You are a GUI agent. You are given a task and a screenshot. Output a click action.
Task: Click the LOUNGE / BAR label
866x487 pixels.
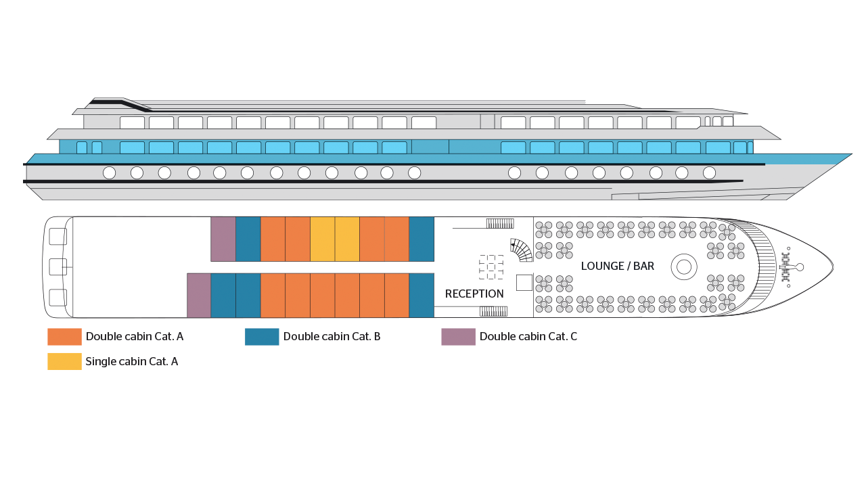pyautogui.click(x=618, y=266)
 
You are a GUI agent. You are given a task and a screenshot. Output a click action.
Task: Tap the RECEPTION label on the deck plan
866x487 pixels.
pyautogui.click(x=474, y=294)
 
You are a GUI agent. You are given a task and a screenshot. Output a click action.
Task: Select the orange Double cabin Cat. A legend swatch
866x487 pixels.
pyautogui.click(x=64, y=337)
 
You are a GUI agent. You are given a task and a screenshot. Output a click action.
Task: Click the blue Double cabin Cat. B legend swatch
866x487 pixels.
pyautogui.click(x=262, y=337)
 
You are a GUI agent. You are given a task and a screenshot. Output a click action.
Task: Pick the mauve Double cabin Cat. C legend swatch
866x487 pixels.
pyautogui.click(x=458, y=337)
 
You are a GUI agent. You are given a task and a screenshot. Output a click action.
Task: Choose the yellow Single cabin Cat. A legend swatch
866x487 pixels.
pyautogui.click(x=64, y=361)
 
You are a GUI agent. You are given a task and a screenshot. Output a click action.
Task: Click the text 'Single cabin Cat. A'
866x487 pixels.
pyautogui.click(x=131, y=361)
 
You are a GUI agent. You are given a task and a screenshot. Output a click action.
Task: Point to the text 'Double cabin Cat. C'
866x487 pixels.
pyautogui.click(x=528, y=336)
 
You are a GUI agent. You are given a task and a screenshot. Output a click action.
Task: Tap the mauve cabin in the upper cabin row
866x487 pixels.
pyautogui.click(x=223, y=239)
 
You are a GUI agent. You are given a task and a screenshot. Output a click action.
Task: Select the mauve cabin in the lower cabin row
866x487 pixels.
pyautogui.click(x=199, y=296)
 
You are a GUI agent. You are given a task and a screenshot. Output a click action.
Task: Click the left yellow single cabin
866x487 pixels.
pyautogui.click(x=323, y=239)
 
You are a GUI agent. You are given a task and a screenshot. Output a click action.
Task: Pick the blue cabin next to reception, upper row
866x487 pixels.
pyautogui.click(x=421, y=239)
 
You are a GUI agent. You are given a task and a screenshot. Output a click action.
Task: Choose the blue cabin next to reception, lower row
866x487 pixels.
pyautogui.click(x=421, y=296)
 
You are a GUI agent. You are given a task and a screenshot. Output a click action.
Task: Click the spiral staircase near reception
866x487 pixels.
pyautogui.click(x=522, y=250)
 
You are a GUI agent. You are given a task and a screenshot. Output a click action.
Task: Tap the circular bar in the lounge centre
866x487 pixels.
pyautogui.click(x=684, y=266)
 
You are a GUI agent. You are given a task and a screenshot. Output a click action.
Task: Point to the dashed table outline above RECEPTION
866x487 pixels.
pyautogui.click(x=491, y=266)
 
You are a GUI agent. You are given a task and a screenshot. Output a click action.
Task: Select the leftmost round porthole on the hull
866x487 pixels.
pyautogui.click(x=110, y=172)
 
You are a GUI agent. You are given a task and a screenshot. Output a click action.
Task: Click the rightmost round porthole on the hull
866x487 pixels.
pyautogui.click(x=709, y=172)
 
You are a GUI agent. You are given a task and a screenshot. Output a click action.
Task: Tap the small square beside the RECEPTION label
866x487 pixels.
pyautogui.click(x=524, y=283)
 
